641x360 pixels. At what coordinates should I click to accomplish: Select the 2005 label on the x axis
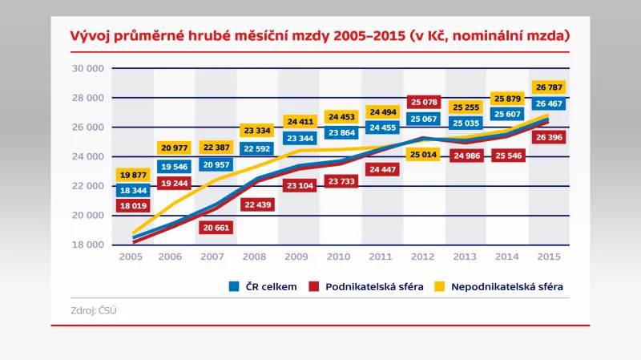tap(132, 257)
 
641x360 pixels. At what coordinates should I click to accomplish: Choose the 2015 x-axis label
tap(549, 257)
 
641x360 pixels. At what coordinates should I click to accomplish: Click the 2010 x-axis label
tap(341, 257)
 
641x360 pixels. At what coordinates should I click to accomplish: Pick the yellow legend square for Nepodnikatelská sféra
tap(439, 286)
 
